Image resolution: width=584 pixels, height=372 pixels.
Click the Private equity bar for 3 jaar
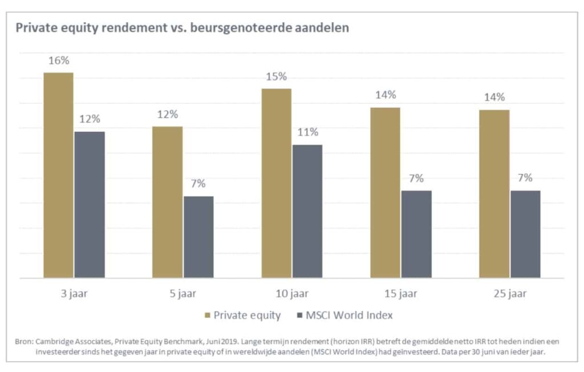[x=58, y=175]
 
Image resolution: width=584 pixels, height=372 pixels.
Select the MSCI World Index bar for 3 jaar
[x=90, y=205]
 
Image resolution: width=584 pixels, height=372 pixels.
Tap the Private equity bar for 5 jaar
[x=167, y=202]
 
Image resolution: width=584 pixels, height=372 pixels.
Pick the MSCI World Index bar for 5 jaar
[x=198, y=237]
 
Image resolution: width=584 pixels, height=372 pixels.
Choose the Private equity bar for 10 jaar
[x=276, y=183]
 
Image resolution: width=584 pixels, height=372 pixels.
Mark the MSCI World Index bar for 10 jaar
[x=307, y=211]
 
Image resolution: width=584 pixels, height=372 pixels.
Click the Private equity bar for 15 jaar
[x=385, y=192]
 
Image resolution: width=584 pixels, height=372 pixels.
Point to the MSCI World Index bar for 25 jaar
[x=525, y=234]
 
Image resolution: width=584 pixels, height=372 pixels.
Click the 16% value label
[x=59, y=60]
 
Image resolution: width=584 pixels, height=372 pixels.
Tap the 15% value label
[x=276, y=76]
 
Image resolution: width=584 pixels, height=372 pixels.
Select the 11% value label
[x=307, y=132]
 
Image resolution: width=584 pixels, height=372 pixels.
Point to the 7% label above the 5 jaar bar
[x=198, y=184]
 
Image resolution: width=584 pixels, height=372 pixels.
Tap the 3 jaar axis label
[x=74, y=294]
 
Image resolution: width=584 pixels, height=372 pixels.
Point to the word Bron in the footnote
[x=25, y=341]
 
